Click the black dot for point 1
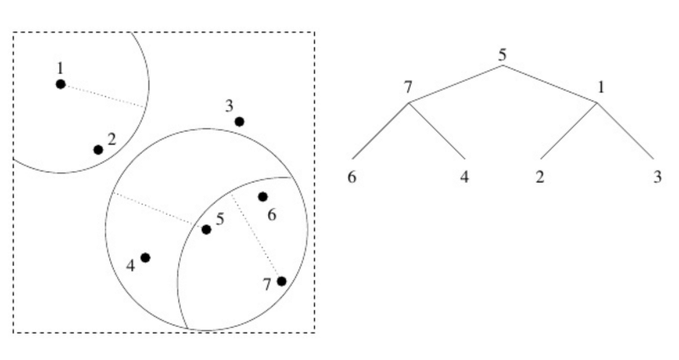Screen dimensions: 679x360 pyautogui.click(x=60, y=84)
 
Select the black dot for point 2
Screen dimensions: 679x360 pyautogui.click(x=98, y=149)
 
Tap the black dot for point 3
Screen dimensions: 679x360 pyautogui.click(x=239, y=121)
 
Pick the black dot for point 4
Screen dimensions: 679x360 pyautogui.click(x=145, y=257)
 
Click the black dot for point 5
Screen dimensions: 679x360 pyautogui.click(x=206, y=229)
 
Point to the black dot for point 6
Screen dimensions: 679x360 pyautogui.click(x=263, y=197)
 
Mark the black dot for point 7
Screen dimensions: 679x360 pyautogui.click(x=282, y=281)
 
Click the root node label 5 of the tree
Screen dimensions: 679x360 pyautogui.click(x=502, y=55)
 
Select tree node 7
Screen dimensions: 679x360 pyautogui.click(x=408, y=87)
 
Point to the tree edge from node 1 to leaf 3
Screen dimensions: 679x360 pyautogui.click(x=626, y=131)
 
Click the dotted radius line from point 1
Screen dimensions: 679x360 pyautogui.click(x=104, y=96)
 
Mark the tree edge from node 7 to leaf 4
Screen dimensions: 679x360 pyautogui.click(x=437, y=131)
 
